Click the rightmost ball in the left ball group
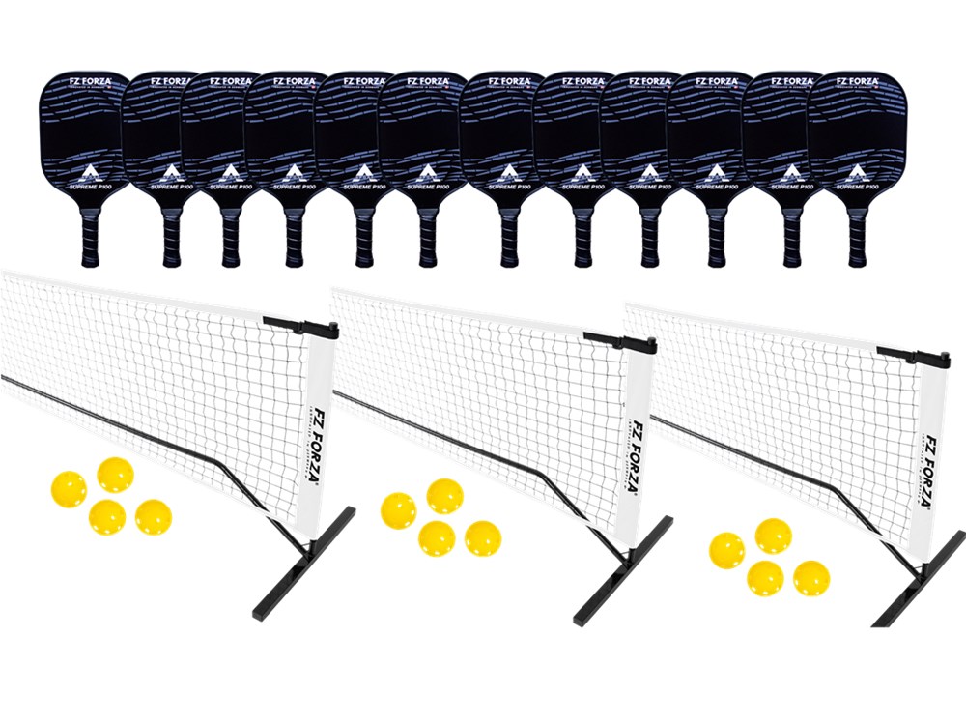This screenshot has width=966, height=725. pos(153,517)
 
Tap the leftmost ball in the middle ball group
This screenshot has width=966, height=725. pos(398,509)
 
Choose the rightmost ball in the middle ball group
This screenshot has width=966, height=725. pos(483,537)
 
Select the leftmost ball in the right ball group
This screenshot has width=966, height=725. pos(726,550)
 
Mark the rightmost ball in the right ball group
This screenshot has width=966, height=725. pos(811,577)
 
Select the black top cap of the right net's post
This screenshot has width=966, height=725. pos(913,357)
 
